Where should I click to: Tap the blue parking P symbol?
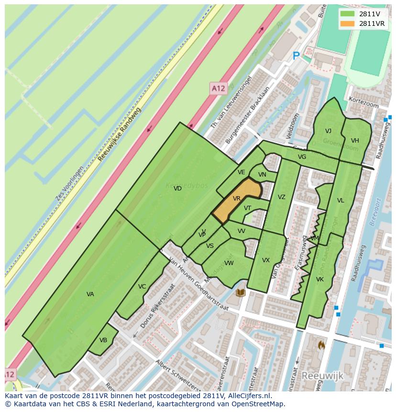pos(296,56)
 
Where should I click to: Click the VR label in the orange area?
pos(237,198)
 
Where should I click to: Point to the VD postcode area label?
pos(177,189)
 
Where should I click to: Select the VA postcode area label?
pos(90,294)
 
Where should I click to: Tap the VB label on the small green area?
pos(103,340)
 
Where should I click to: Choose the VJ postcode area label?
pos(328,131)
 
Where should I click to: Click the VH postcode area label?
pos(355,141)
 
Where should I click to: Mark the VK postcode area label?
pos(320,279)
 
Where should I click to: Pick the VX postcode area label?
pos(266,260)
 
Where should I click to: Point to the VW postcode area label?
pos(229,263)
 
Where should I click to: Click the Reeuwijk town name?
pos(322,376)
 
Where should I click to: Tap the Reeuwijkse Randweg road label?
pos(119,134)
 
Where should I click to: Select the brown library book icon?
pos(241,292)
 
